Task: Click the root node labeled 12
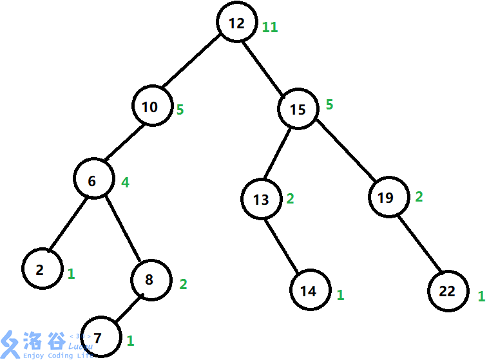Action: click(x=237, y=23)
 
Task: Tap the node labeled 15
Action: click(x=298, y=109)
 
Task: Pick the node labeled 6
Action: click(x=93, y=181)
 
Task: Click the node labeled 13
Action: click(x=262, y=200)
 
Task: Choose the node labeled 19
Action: click(x=387, y=197)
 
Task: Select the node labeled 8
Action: click(x=150, y=279)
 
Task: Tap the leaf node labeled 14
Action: click(x=309, y=291)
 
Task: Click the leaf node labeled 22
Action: click(x=447, y=291)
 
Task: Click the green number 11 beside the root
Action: click(x=270, y=28)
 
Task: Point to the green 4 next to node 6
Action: click(x=126, y=182)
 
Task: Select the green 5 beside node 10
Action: click(x=180, y=109)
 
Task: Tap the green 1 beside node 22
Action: click(x=481, y=297)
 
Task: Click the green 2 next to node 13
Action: click(x=290, y=198)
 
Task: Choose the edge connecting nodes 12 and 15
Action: click(x=267, y=66)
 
